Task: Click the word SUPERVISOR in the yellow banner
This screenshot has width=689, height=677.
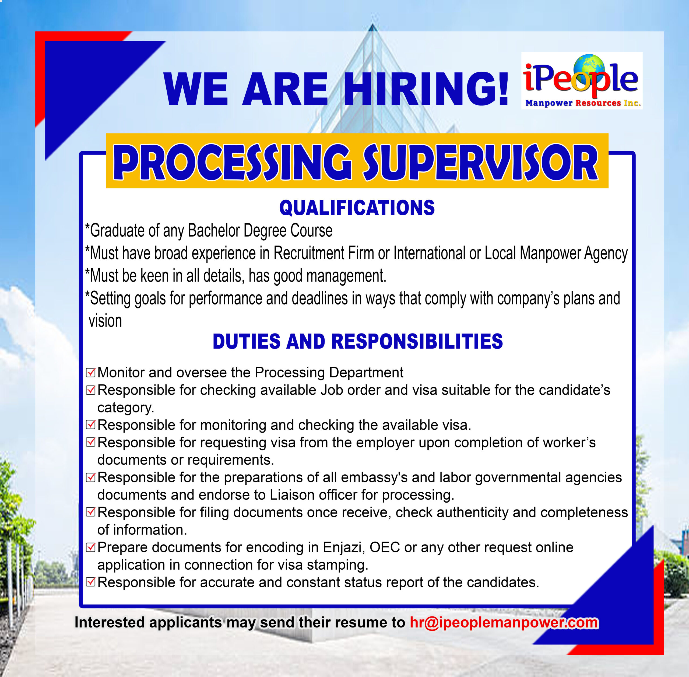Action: (480, 163)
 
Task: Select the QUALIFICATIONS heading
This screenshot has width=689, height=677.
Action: (357, 208)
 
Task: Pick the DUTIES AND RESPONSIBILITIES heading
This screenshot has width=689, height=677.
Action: (358, 341)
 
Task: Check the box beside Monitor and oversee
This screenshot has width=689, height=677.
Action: (91, 373)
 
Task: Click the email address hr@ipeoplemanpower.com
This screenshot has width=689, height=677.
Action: (504, 623)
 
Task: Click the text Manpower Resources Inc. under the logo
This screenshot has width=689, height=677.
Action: (583, 103)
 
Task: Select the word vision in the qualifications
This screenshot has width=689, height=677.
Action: (105, 321)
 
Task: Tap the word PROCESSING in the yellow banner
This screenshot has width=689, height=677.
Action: (232, 163)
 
